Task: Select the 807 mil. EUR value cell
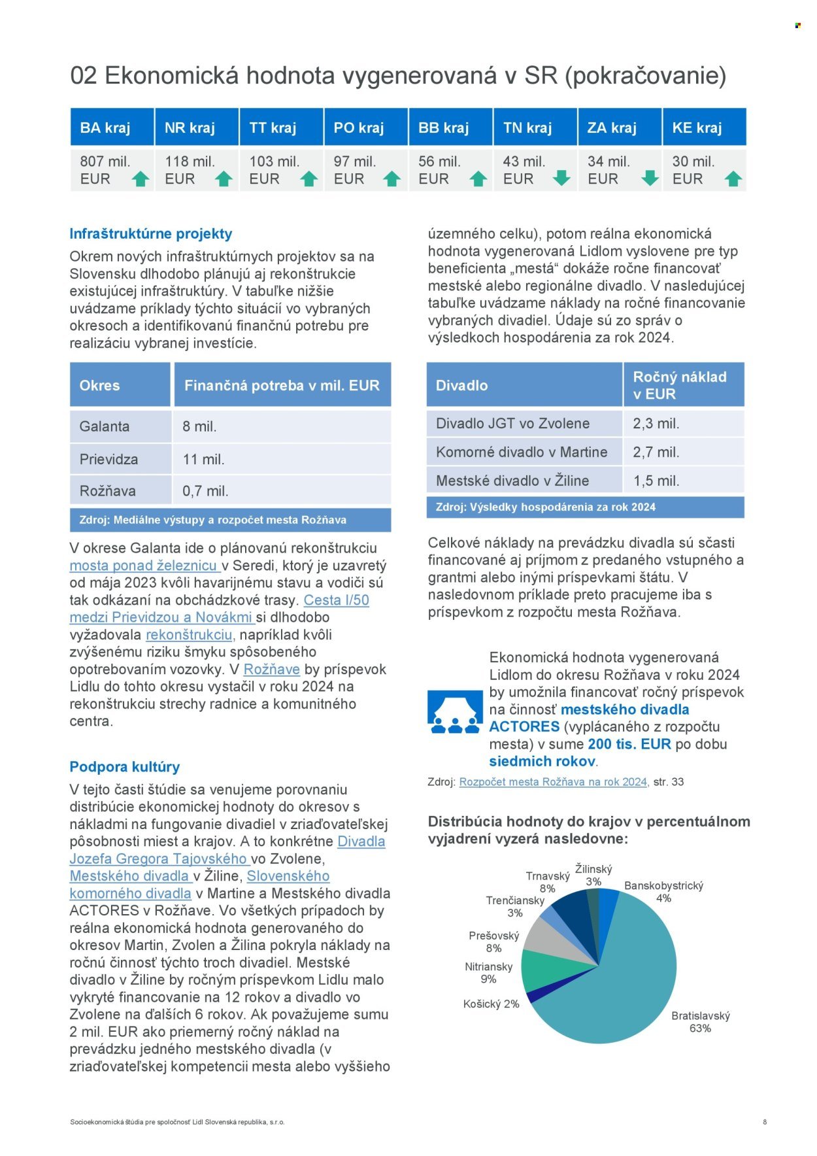point(105,170)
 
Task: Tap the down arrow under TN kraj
point(561,178)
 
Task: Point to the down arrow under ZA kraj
point(649,178)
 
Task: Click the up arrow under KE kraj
point(733,178)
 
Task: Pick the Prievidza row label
point(108,459)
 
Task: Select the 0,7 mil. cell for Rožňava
point(205,491)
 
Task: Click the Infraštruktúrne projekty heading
point(151,233)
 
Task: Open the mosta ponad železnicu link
point(144,566)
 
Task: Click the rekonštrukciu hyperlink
point(189,634)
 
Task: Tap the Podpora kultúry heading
point(124,766)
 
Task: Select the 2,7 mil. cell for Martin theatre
point(656,452)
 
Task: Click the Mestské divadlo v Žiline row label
point(512,481)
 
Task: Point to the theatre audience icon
point(454,712)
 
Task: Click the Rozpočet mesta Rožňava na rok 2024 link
point(553,781)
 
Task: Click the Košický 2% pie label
point(491,1004)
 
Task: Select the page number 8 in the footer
point(765,1121)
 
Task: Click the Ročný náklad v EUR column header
point(682,385)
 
